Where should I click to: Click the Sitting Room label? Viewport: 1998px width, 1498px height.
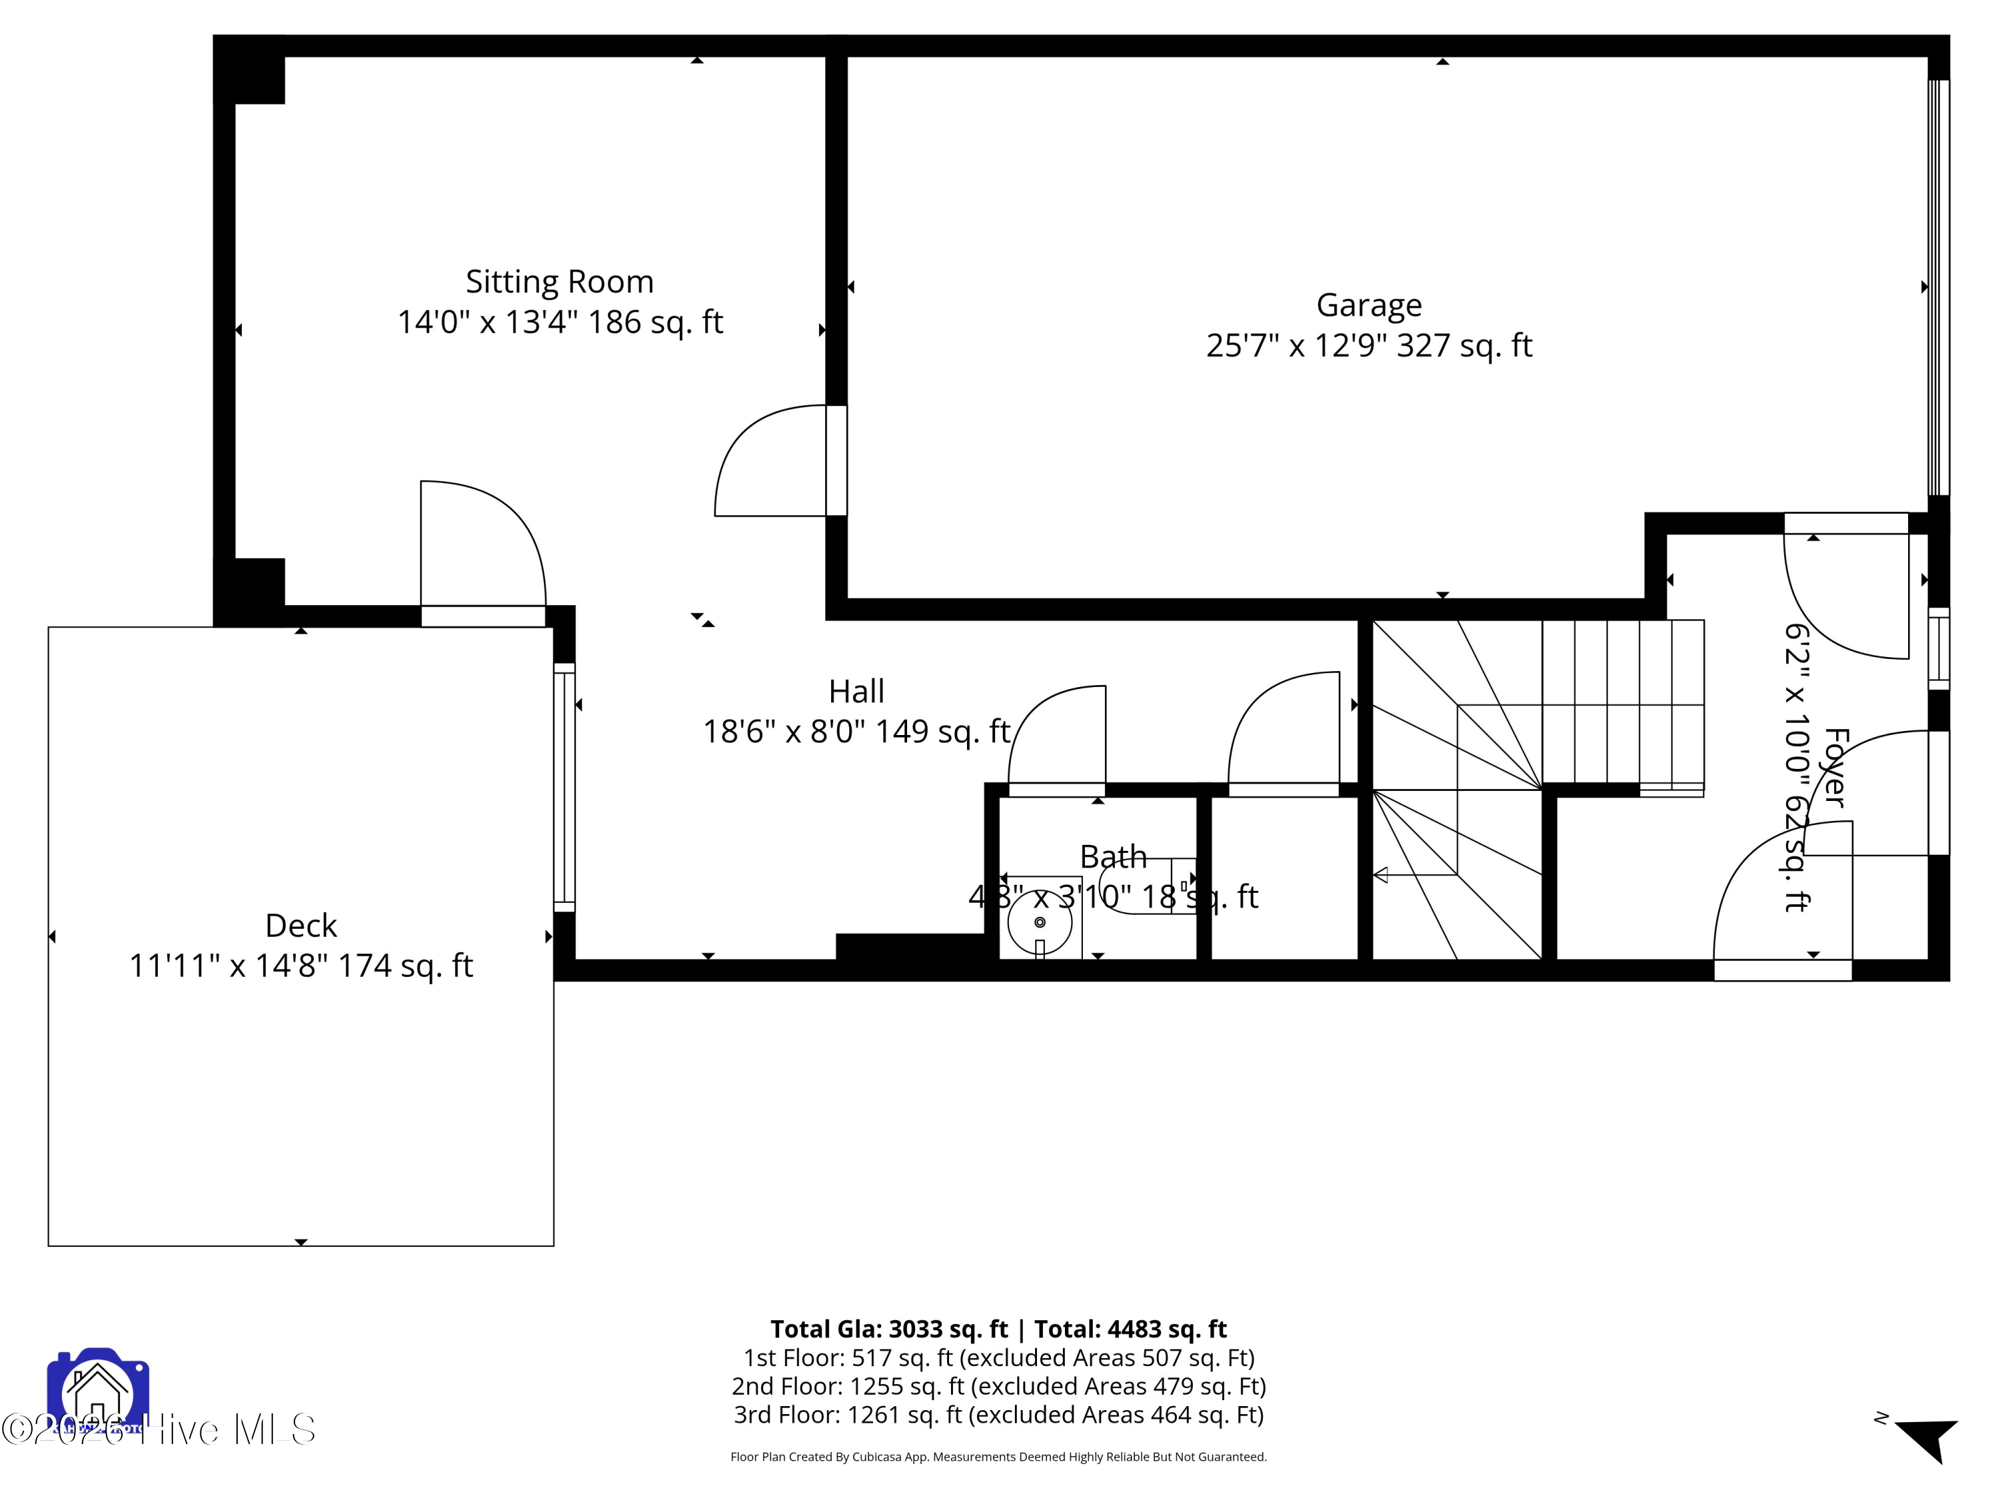(559, 282)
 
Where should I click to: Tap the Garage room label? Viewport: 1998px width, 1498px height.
(1369, 305)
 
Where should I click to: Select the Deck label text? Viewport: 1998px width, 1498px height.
(301, 925)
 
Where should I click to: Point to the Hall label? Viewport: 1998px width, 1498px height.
(856, 692)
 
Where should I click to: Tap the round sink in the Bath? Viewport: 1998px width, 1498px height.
(1040, 922)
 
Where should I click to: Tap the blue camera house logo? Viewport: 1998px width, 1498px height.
(97, 1391)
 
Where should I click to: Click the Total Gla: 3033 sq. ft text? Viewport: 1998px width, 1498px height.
(889, 1329)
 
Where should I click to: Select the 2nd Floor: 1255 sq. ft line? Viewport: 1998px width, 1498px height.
(998, 1386)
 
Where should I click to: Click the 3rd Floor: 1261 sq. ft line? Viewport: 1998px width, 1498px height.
(998, 1415)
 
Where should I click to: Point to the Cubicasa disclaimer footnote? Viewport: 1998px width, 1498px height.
(998, 1457)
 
